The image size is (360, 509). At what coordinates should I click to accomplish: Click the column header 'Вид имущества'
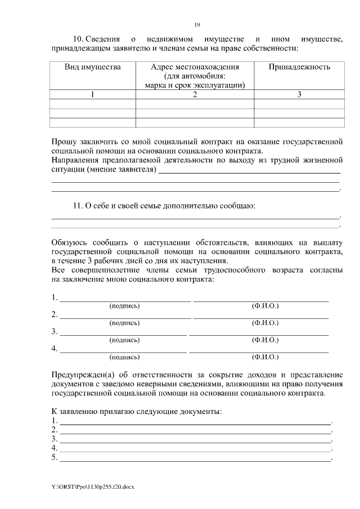93,67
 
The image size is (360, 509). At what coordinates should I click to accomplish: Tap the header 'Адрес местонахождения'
195,67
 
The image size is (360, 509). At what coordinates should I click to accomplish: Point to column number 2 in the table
195,94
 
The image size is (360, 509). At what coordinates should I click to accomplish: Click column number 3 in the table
299,94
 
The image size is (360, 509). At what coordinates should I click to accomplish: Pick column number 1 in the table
93,94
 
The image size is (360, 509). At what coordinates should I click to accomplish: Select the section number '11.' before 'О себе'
78,206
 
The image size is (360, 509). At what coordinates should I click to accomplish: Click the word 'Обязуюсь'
70,242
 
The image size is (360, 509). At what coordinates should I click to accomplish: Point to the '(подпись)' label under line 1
124,306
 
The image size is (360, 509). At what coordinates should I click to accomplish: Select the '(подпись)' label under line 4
124,357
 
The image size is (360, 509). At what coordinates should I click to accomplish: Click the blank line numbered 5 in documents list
195,458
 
